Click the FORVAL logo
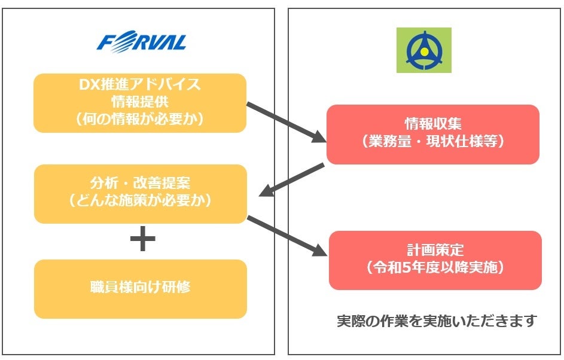142,42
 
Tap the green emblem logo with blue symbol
423,50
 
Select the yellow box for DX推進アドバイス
140,103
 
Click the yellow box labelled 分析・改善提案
140,193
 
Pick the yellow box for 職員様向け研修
140,288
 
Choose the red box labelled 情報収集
433,134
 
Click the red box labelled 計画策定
435,260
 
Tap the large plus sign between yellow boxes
142,240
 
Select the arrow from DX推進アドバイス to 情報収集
285,123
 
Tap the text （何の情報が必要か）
140,118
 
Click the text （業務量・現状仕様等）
433,142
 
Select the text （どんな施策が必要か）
140,201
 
